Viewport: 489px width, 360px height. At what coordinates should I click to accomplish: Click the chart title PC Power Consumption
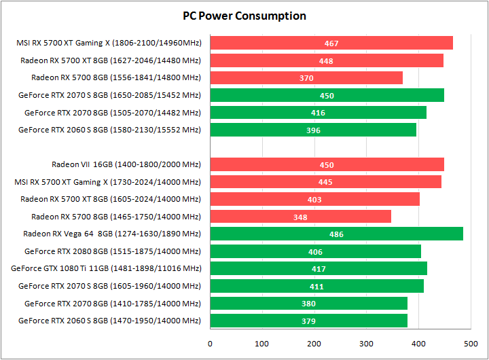tap(244, 16)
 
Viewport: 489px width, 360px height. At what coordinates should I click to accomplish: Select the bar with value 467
tap(331, 43)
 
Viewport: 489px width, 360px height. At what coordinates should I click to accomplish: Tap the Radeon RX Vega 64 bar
tap(336, 234)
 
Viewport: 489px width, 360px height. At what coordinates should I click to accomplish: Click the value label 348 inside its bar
tap(300, 217)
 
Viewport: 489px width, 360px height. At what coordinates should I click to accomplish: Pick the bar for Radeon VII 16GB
tap(327, 165)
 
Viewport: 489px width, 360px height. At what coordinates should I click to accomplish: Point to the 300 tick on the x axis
tap(367, 344)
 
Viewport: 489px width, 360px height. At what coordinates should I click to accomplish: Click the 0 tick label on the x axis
tap(211, 344)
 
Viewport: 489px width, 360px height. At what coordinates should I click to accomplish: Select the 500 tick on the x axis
tap(471, 344)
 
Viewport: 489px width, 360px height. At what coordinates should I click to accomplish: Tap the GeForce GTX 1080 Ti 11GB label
tap(106, 269)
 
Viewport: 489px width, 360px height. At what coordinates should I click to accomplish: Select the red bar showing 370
tap(306, 78)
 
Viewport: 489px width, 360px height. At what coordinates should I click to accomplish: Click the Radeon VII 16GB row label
tap(126, 164)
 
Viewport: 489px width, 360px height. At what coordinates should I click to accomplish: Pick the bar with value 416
tap(319, 113)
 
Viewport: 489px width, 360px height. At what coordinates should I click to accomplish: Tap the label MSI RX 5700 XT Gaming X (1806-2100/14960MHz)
tap(109, 43)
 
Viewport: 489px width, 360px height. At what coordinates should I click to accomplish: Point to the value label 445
tap(325, 182)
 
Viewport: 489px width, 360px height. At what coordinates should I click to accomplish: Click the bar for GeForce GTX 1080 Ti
tap(319, 269)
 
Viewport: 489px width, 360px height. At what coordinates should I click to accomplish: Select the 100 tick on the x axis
tap(262, 344)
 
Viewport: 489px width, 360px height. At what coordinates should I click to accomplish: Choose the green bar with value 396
tap(313, 130)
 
